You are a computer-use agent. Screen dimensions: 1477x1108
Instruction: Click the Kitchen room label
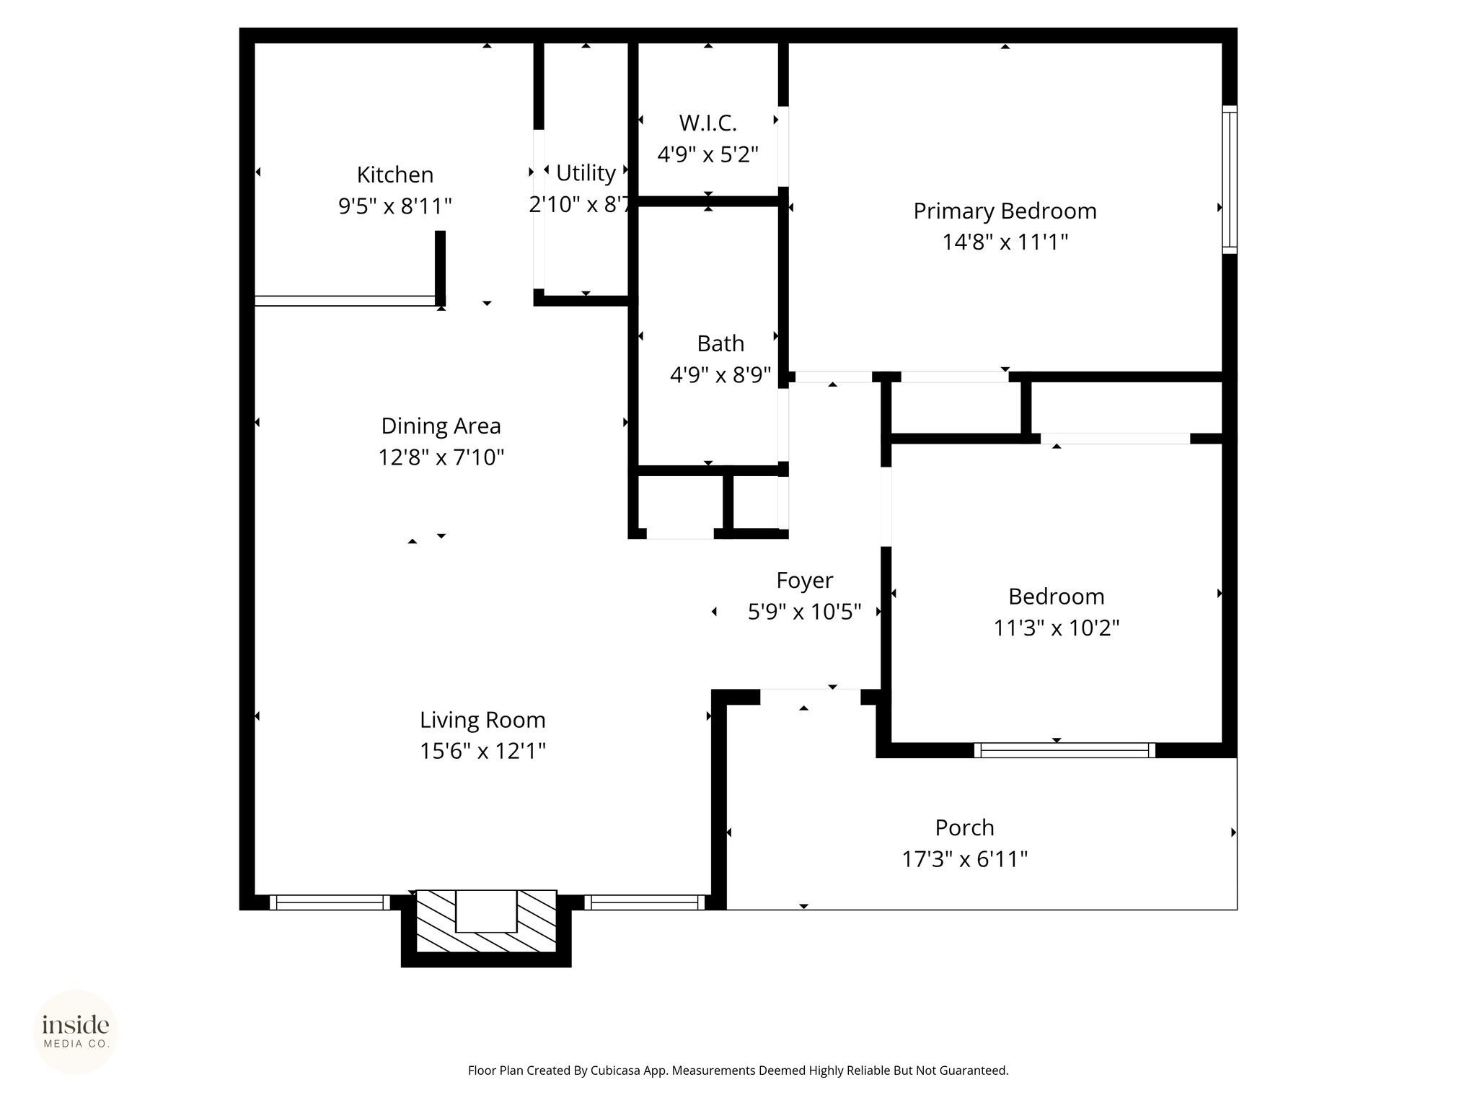395,175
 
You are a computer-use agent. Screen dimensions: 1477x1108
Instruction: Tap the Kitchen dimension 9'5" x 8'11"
395,207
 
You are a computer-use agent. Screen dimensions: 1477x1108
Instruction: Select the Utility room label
586,174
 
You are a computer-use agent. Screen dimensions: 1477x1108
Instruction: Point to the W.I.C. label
707,123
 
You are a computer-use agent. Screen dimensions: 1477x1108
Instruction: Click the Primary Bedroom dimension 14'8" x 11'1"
1005,242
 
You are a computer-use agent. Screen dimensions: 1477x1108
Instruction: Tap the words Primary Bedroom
1005,211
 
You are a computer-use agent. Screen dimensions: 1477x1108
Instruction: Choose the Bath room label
720,343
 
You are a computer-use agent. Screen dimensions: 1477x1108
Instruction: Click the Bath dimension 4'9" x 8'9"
720,375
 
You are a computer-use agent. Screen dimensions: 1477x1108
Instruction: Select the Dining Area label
441,426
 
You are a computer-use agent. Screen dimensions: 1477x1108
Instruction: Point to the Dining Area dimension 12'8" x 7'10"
441,457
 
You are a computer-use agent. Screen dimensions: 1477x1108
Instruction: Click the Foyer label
804,581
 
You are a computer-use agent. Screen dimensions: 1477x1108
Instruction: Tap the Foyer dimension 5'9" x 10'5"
804,612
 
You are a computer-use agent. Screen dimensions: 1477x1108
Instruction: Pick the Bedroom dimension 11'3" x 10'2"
1056,628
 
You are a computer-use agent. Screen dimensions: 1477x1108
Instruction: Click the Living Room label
482,721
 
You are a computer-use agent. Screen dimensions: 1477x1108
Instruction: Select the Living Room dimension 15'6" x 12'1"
482,752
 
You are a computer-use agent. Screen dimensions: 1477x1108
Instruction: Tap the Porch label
964,828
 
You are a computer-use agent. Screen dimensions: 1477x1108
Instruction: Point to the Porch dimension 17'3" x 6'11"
964,860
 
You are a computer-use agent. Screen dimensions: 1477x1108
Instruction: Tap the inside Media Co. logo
76,1032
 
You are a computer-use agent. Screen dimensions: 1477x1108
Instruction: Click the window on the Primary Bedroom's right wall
1230,180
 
